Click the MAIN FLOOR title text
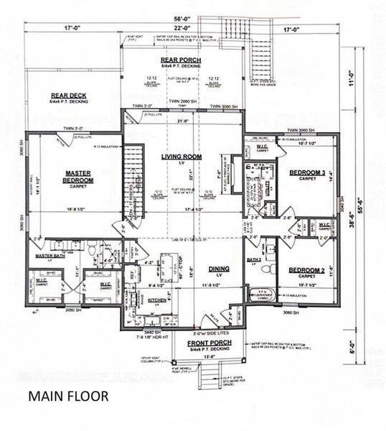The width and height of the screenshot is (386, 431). (68, 395)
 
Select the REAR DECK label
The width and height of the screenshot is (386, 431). (70, 97)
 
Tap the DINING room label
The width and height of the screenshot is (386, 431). (219, 269)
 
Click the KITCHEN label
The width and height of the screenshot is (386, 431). (156, 300)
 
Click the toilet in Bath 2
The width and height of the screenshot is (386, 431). (267, 269)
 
